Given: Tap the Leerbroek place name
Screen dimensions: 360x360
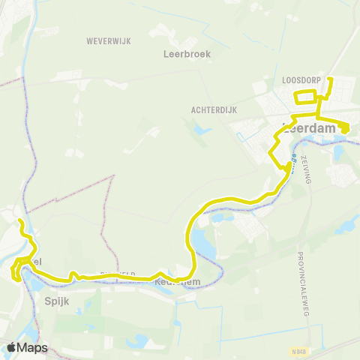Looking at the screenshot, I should [x=187, y=54].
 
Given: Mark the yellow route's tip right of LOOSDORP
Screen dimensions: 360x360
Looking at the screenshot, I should [x=331, y=78].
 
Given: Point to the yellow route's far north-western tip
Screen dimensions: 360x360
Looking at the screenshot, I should [x=20, y=221].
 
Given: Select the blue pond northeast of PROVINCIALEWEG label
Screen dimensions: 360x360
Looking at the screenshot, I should [x=346, y=227].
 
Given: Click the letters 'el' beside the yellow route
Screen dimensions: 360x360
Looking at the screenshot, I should [x=37, y=260].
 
